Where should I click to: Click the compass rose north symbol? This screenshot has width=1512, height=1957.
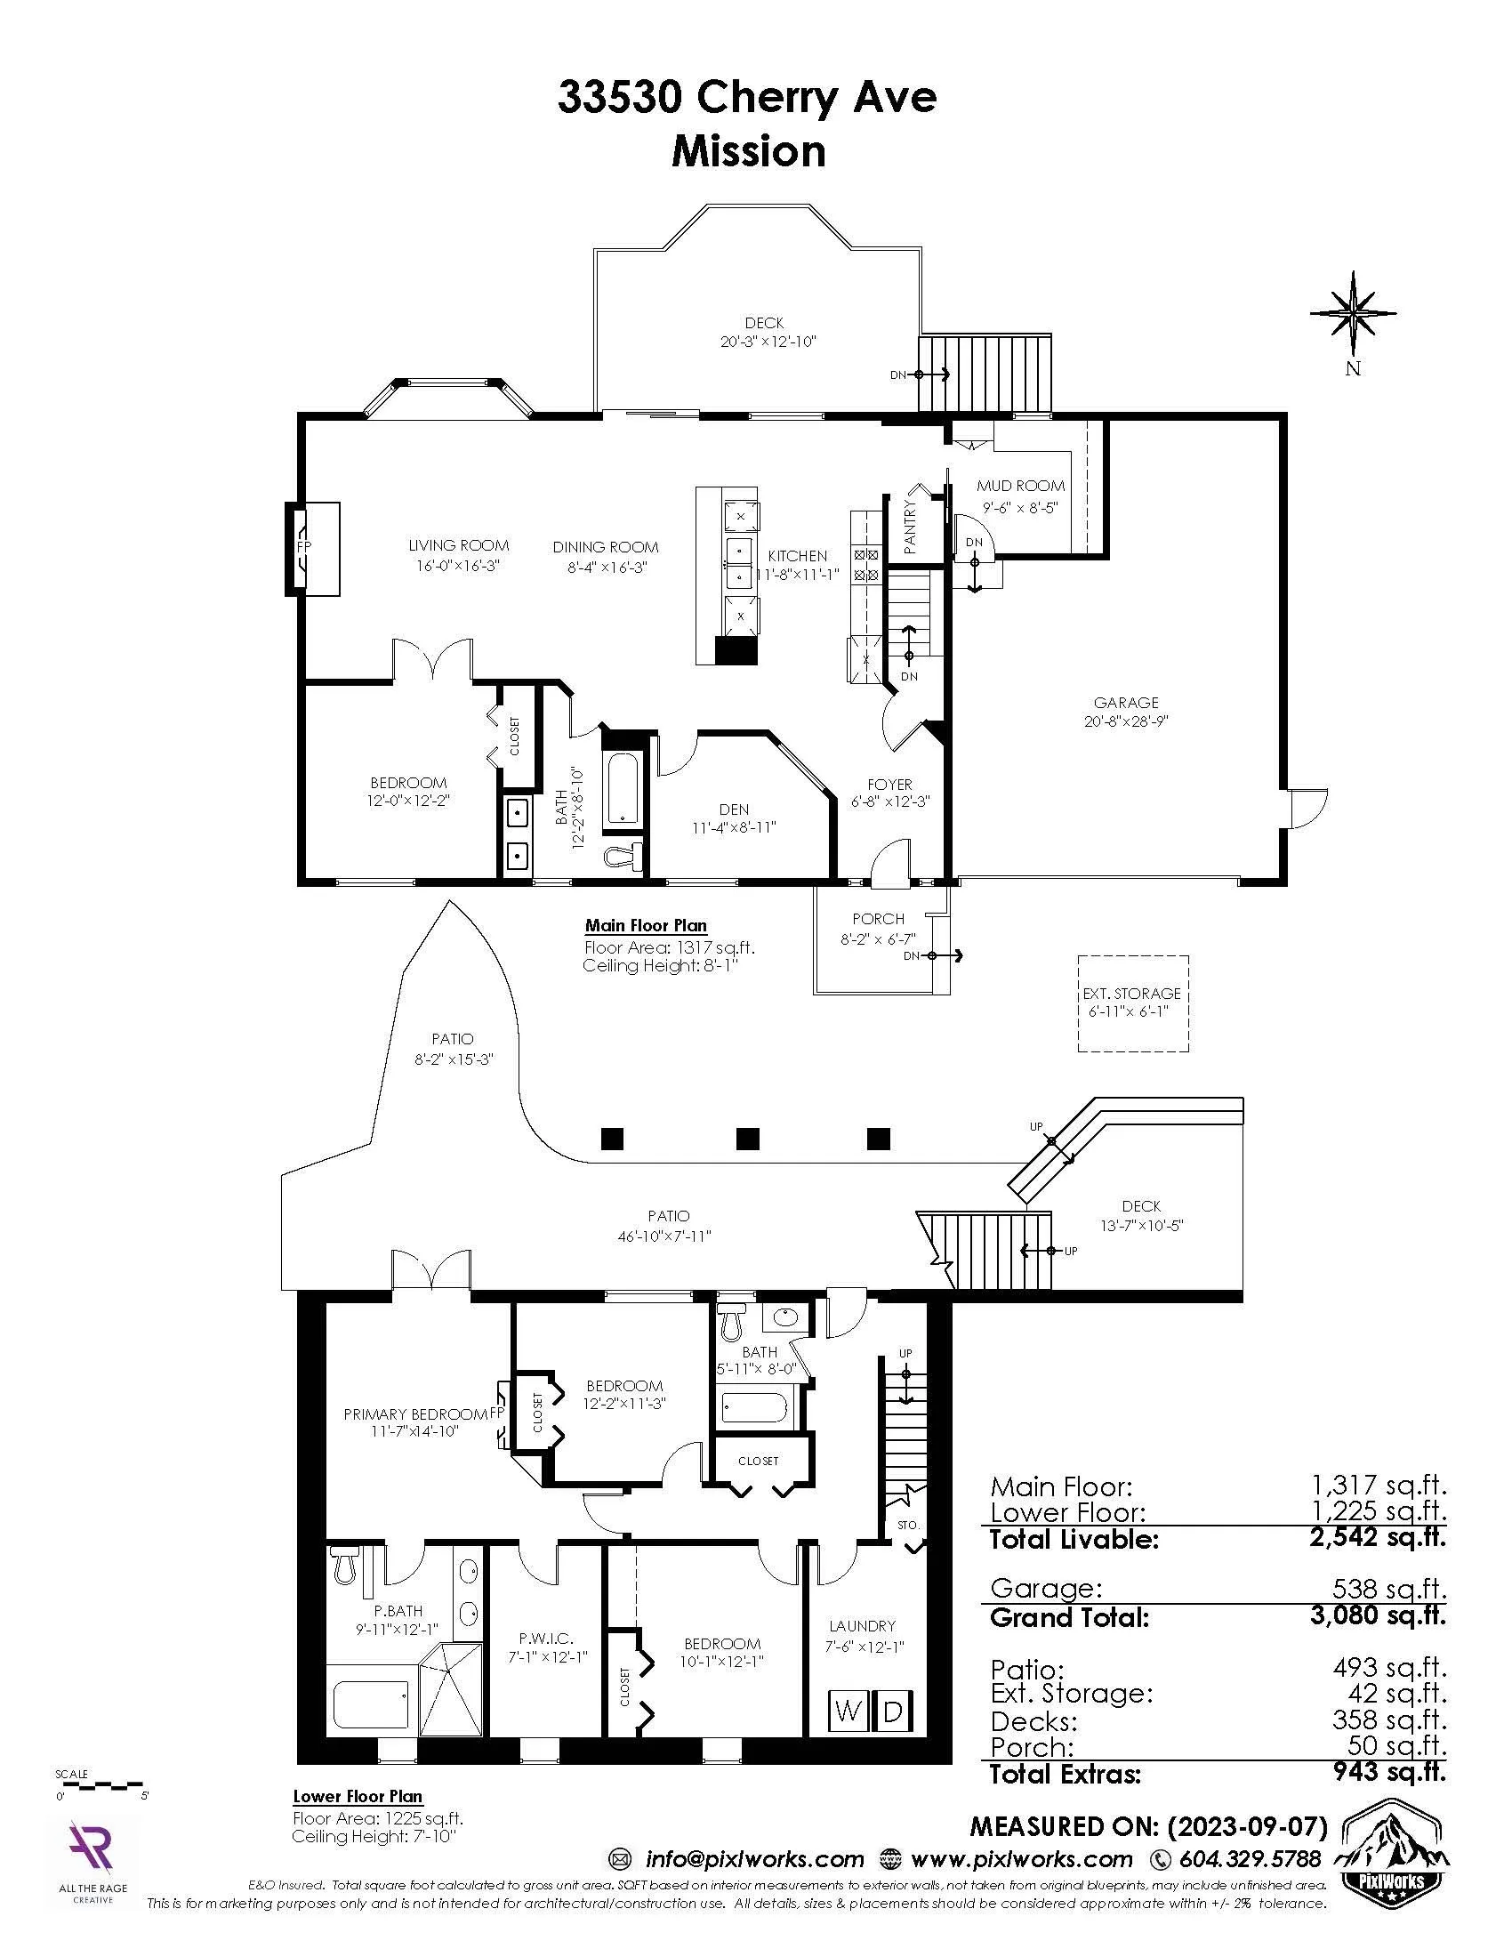[x=1353, y=314]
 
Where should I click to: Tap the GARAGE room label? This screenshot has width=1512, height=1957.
[x=1126, y=703]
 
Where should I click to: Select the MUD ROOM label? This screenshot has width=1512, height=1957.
[x=1020, y=486]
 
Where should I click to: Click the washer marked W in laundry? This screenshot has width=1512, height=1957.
[x=847, y=1711]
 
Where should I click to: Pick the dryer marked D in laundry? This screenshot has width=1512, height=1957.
[x=893, y=1711]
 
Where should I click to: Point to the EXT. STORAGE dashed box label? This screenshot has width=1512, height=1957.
[x=1132, y=993]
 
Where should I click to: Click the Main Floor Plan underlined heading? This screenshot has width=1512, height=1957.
[x=645, y=926]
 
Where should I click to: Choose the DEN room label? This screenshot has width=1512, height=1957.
[x=734, y=809]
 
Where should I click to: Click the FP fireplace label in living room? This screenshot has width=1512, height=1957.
[x=303, y=545]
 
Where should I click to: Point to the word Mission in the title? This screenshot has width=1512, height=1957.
[x=749, y=151]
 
